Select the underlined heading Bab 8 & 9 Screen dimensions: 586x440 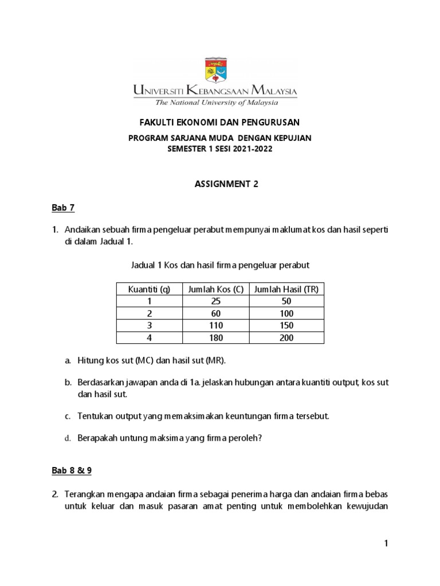[x=72, y=470]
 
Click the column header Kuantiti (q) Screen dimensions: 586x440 [x=149, y=290]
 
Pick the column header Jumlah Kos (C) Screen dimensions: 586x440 [x=216, y=290]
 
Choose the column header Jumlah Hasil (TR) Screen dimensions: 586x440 [x=286, y=290]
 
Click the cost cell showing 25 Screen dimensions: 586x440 [x=216, y=302]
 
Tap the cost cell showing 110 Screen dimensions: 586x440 [x=216, y=326]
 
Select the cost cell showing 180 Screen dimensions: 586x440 [x=216, y=338]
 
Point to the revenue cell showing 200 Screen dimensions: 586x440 [x=286, y=338]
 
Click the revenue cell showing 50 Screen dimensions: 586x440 [x=286, y=302]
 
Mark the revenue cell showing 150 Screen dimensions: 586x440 [x=286, y=326]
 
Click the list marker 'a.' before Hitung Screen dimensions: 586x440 [x=68, y=360]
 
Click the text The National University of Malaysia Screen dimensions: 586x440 [x=215, y=103]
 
